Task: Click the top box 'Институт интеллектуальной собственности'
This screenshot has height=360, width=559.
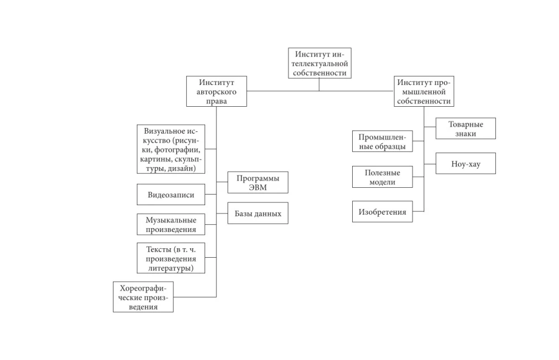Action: [x=320, y=63]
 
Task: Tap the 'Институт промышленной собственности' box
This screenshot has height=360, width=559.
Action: [x=423, y=91]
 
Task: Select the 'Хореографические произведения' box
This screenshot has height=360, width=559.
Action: [x=143, y=297]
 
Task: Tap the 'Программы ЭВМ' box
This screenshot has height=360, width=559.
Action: [x=258, y=182]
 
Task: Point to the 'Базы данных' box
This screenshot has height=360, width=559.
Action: [x=258, y=213]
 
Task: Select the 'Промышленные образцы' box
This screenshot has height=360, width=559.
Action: [x=382, y=142]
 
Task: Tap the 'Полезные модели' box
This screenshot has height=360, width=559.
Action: [x=382, y=177]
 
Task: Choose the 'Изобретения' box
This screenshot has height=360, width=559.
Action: [x=382, y=212]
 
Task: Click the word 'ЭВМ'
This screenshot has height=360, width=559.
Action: [x=258, y=188]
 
